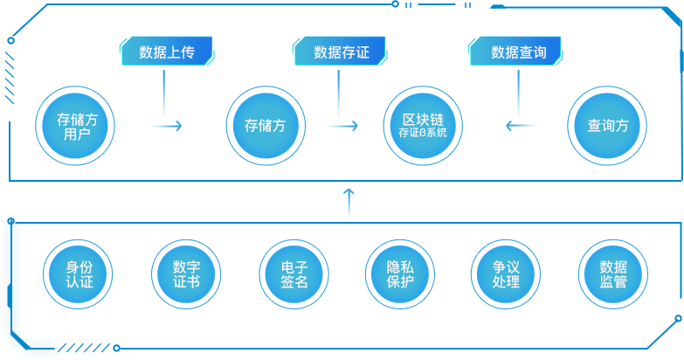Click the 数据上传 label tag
166,52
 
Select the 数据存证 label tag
341,52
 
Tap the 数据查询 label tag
518,52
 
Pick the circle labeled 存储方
265,126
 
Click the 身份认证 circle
79,274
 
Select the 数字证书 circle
186,274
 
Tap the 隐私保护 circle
399,274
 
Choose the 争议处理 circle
506,274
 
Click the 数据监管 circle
613,274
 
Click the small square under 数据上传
179,126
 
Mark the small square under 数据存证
356,126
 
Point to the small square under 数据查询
509,126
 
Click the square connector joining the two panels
349,190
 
